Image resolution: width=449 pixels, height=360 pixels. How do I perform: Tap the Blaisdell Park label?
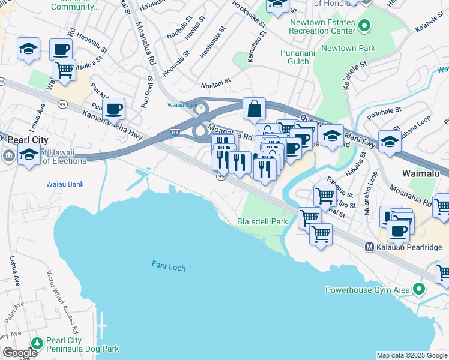click(263, 221)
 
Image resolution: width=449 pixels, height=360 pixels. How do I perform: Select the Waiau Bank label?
click(65, 184)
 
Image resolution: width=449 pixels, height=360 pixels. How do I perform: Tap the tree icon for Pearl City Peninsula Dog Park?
click(37, 343)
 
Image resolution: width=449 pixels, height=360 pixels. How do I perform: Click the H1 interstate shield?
click(175, 131)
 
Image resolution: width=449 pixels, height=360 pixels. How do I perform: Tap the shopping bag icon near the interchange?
click(255, 109)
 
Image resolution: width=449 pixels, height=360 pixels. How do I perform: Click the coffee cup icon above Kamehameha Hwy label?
click(113, 109)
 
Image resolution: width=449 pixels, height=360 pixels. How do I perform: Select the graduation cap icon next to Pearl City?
click(29, 154)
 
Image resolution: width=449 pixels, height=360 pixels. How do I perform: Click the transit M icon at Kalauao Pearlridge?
click(370, 247)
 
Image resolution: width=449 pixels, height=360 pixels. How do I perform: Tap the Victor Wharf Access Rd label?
click(62, 302)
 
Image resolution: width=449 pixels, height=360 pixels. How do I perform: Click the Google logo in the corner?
click(20, 353)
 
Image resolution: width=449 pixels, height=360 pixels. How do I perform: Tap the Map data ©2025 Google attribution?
click(411, 355)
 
